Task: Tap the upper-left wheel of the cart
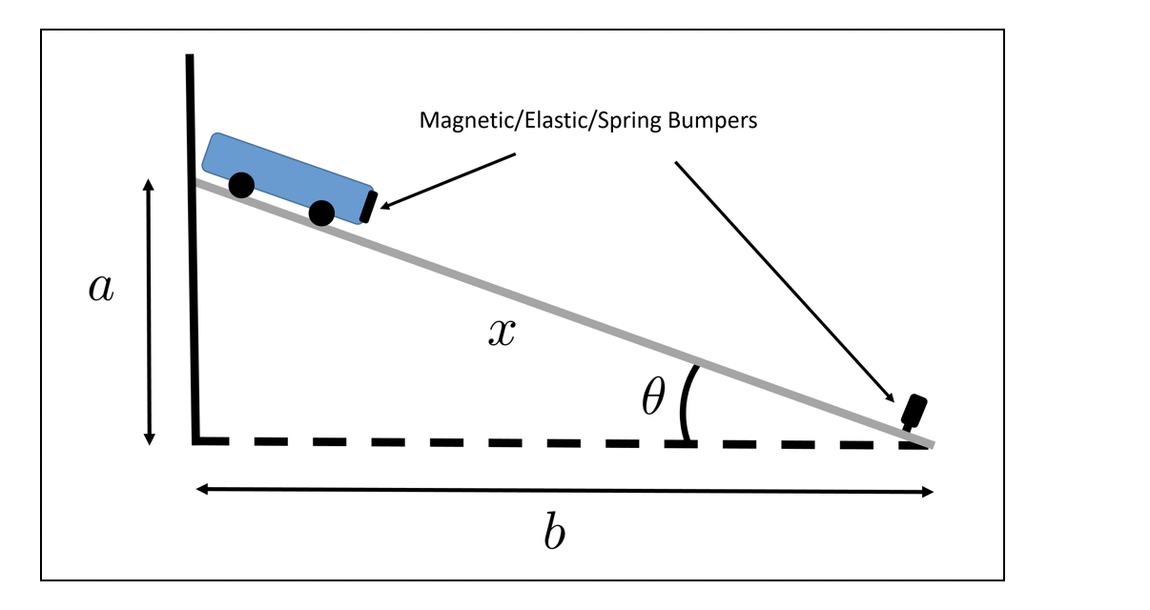coord(241,185)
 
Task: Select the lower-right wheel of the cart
coord(322,213)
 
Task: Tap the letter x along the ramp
coord(502,332)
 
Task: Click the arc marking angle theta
coord(684,405)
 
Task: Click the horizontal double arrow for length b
coord(564,490)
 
